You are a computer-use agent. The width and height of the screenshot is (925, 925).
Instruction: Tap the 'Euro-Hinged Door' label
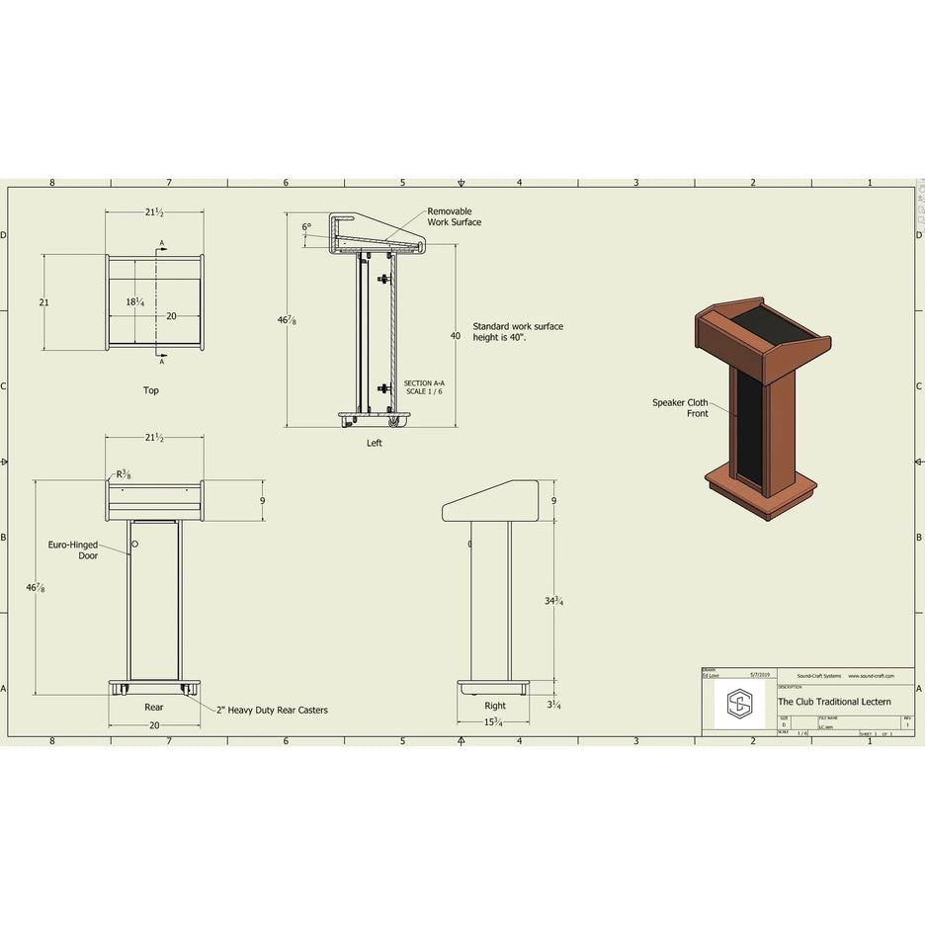(73, 549)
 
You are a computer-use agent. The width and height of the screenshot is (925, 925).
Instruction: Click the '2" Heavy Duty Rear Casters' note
(272, 710)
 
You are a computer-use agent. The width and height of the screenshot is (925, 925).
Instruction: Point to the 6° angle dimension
(306, 227)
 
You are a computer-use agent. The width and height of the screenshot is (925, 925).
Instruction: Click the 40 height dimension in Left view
(456, 336)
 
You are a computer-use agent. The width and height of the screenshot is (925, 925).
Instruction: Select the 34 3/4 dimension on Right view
(553, 602)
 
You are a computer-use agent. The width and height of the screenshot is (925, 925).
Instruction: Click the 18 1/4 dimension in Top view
(135, 302)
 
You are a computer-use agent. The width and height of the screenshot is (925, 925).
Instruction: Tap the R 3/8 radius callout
(124, 475)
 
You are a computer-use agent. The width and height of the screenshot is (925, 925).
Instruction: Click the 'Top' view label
(150, 390)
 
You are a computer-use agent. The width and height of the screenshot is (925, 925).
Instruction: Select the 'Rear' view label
(154, 707)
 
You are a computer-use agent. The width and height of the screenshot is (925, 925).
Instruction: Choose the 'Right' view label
(495, 706)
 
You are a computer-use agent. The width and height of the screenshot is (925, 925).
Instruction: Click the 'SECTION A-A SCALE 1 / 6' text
(424, 386)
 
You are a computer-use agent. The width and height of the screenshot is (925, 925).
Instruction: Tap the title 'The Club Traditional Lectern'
(833, 702)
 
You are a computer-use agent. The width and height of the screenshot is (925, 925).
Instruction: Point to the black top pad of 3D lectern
(777, 323)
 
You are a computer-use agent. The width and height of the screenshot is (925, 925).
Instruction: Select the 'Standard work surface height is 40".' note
(517, 331)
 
